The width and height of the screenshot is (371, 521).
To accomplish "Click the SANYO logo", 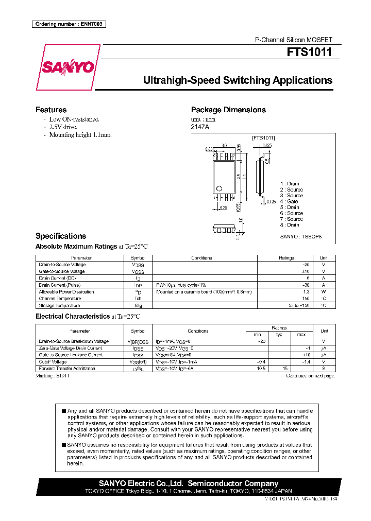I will pos(68,67).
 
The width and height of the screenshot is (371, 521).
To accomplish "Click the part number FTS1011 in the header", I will pos(310,53).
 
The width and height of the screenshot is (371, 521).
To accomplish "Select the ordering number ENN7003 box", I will pos(69,24).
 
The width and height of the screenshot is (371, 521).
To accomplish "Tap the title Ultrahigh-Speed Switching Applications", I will pos(237,80).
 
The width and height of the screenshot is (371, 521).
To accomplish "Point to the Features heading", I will pos(50,110).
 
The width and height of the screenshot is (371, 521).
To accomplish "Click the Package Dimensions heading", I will pos(228,110).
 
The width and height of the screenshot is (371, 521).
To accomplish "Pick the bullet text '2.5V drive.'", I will pos(63,127).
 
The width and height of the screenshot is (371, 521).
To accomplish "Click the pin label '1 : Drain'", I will pos(290,184).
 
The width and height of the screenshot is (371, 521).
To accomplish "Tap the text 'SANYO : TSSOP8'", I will pos(300,236).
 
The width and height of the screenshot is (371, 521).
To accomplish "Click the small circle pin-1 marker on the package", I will pos(218,188).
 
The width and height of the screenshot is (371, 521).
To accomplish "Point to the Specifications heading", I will pos(60,236).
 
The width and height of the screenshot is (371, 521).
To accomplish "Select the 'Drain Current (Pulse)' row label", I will pos(60,285).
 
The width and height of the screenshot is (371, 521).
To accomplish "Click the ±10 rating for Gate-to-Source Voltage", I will pos(306,271).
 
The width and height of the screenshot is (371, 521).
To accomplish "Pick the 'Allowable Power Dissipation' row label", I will pos(66,291).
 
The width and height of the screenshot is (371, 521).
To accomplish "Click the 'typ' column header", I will pos(280,335).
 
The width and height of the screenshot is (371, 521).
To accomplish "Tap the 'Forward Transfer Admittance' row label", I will pos(67,369).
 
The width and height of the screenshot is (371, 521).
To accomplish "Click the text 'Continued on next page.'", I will pos(310,376).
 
